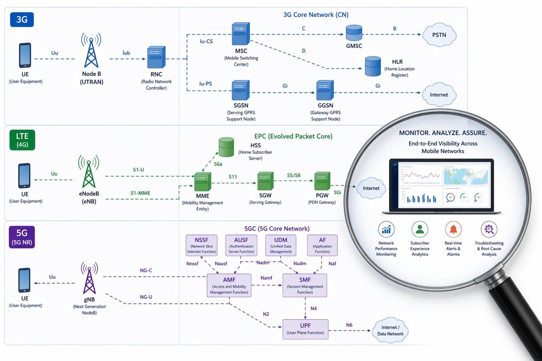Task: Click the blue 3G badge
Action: pos(22,20)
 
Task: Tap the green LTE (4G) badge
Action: pos(22,140)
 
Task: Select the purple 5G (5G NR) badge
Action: pos(22,236)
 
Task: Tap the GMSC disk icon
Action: pos(354,33)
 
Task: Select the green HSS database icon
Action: pos(226,147)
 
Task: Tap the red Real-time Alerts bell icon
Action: pos(453,229)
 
